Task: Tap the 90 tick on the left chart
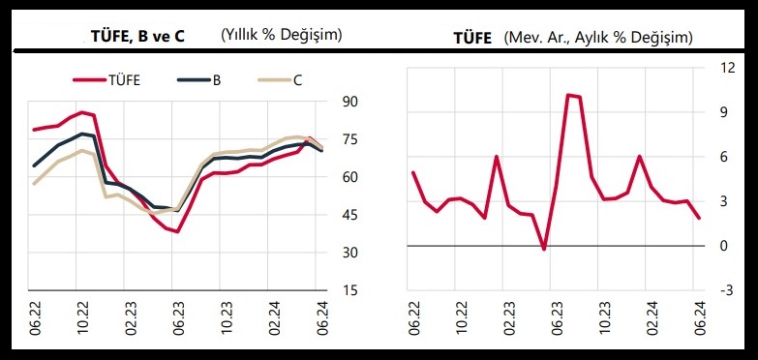coord(350,102)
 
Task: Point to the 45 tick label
coord(350,215)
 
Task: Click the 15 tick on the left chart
coord(350,290)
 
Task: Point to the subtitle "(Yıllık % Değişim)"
coord(282,36)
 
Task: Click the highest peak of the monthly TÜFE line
coord(568,95)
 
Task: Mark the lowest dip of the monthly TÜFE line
coord(544,249)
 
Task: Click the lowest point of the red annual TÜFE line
coord(177,231)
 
